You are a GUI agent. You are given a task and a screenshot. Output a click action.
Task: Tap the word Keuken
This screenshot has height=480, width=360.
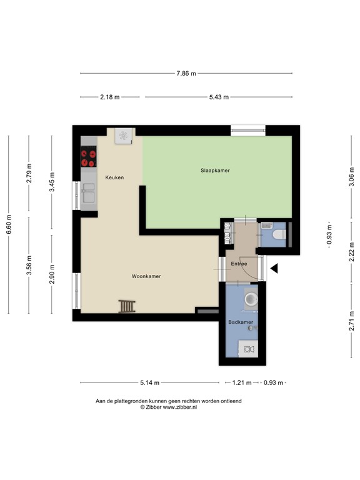tap(114, 177)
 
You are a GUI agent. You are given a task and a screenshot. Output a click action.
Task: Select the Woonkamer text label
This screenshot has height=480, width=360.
tap(146, 276)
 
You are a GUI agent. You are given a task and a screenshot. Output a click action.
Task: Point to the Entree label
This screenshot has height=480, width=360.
tap(239, 264)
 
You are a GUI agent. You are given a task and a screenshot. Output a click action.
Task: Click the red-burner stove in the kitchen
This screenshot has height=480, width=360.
tap(89, 157)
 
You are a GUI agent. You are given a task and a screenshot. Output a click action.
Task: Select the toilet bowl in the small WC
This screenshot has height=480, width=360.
tap(277, 234)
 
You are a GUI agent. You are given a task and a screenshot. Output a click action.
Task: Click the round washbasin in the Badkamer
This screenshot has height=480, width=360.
tap(251, 300)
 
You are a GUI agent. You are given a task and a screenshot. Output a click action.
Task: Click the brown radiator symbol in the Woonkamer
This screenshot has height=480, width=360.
tap(127, 306)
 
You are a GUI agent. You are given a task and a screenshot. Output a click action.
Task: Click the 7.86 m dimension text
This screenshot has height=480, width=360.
tap(186, 73)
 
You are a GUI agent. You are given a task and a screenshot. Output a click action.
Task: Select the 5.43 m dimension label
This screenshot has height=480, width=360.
tap(218, 97)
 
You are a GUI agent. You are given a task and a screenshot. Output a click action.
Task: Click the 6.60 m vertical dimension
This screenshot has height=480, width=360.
tap(8, 223)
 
